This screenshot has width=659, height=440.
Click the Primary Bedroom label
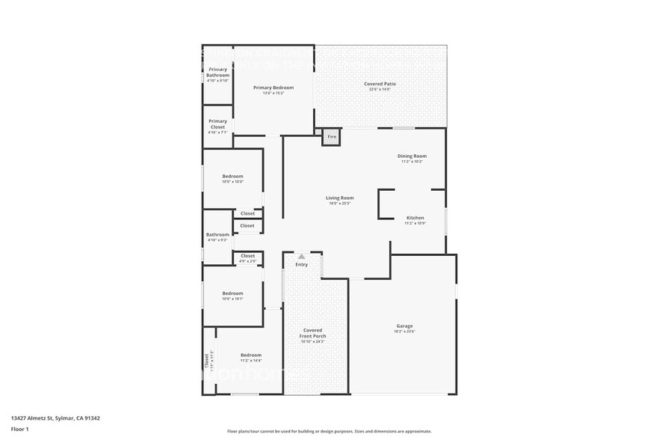click(x=273, y=88)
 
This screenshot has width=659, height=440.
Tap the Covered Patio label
click(x=380, y=84)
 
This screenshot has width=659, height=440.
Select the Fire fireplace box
click(x=332, y=137)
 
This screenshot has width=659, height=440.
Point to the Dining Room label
click(x=412, y=156)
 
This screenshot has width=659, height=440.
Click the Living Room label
click(x=339, y=198)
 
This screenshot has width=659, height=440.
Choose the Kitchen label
click(x=415, y=218)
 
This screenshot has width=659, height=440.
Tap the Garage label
click(x=404, y=326)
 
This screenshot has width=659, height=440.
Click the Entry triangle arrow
click(x=302, y=257)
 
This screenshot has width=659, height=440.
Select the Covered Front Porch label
click(x=312, y=333)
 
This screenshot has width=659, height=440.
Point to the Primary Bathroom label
click(x=217, y=72)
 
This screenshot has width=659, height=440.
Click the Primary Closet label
click(x=217, y=123)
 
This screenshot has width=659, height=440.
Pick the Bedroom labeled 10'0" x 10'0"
click(x=232, y=177)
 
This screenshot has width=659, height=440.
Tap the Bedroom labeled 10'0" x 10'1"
click(x=232, y=293)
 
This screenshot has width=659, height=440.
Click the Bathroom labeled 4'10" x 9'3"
click(x=217, y=234)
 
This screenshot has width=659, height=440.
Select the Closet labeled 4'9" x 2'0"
click(x=247, y=256)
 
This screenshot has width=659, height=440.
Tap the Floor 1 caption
click(x=20, y=429)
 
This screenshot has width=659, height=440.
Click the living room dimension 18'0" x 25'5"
click(x=339, y=203)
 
